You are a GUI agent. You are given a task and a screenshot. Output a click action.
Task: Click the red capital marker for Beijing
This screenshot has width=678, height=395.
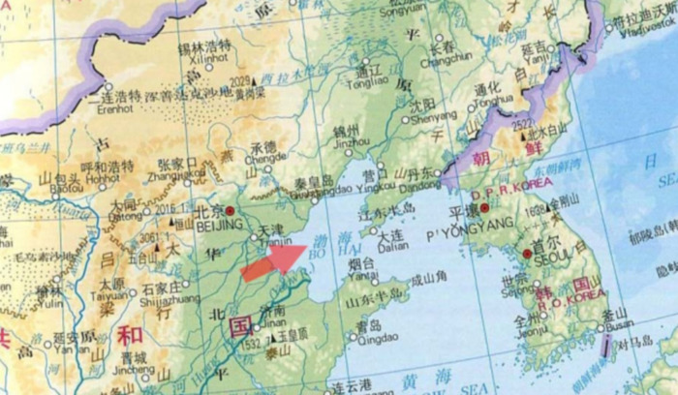pos(231,210)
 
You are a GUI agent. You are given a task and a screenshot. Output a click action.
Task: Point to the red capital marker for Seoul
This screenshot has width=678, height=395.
pos(527,255)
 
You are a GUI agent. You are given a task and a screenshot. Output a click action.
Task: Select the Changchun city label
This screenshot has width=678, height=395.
pos(445,58)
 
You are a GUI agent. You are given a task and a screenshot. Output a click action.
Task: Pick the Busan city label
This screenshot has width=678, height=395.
pos(618,325)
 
